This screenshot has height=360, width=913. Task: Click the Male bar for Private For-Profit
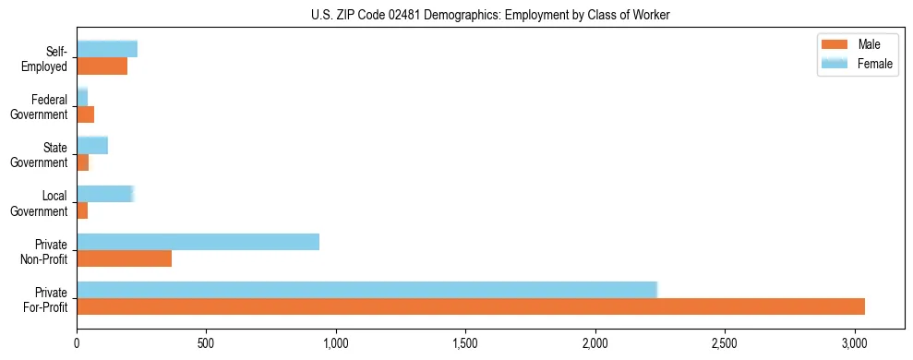pos(471,306)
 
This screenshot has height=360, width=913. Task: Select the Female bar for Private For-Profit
pos(366,290)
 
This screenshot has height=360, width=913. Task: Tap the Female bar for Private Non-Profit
pos(198,242)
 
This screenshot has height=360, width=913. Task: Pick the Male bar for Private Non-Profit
pos(124,258)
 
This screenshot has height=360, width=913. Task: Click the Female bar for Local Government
pos(105,194)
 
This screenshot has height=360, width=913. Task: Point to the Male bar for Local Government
pos(82,210)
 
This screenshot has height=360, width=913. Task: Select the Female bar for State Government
pos(92,145)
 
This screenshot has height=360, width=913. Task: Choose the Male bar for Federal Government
pos(85,114)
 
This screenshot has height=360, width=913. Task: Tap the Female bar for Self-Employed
pos(107,49)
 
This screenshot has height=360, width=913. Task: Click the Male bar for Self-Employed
pos(102,66)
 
